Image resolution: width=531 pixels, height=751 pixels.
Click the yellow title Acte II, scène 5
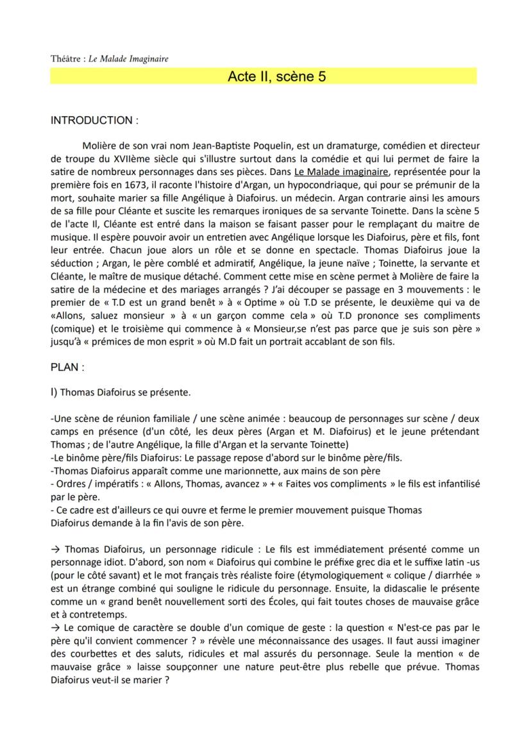point(276,77)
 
